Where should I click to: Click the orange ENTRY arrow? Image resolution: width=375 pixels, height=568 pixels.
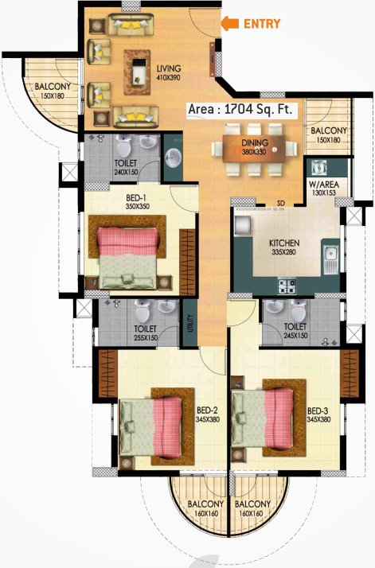pyautogui.click(x=229, y=24)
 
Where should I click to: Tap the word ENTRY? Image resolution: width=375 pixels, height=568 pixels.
pyautogui.click(x=262, y=24)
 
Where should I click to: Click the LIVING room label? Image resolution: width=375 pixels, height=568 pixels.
pyautogui.click(x=169, y=68)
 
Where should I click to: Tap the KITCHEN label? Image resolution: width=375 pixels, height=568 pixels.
pyautogui.click(x=267, y=241)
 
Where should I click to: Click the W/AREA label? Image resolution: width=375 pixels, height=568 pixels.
pyautogui.click(x=324, y=184)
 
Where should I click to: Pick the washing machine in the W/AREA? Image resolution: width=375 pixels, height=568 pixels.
pyautogui.click(x=319, y=168)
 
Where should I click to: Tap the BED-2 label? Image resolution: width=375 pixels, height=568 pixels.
pyautogui.click(x=208, y=410)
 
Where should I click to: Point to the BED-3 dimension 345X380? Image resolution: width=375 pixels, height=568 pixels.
pyautogui.click(x=318, y=419)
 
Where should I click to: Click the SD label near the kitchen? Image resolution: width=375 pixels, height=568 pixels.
pyautogui.click(x=280, y=201)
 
